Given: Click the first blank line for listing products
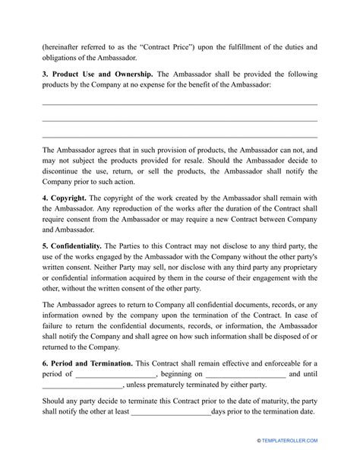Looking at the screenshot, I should click(x=179, y=104).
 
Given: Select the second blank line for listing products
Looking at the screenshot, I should click(x=179, y=119).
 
